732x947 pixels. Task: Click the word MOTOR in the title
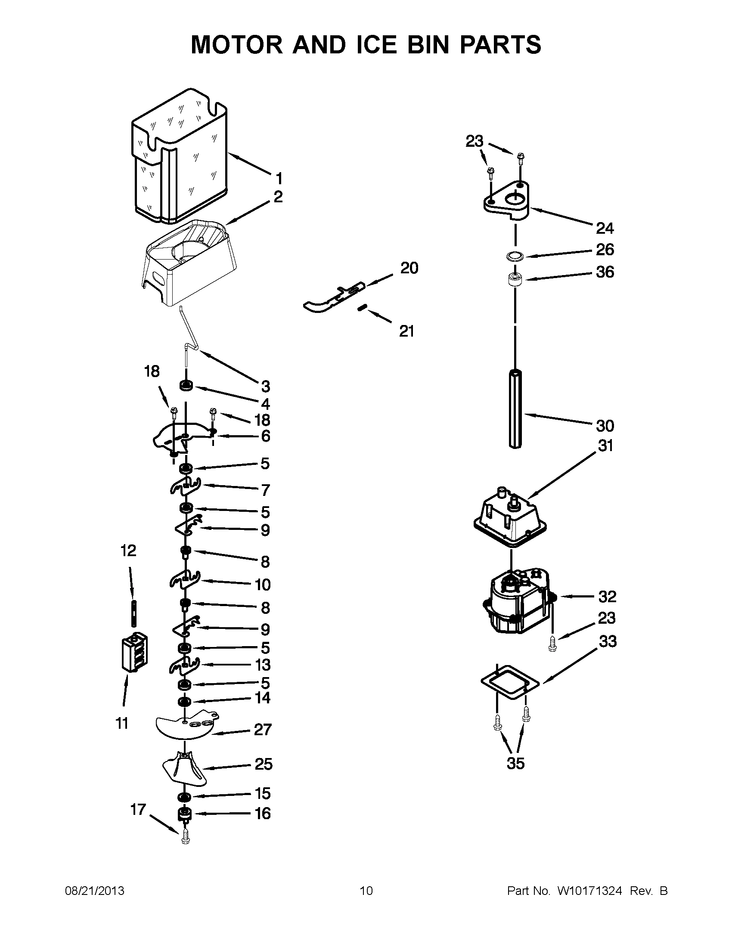236,45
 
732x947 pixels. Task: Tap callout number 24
605,228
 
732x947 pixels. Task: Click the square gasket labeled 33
510,684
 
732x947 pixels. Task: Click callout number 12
128,551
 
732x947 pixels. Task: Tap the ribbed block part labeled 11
134,654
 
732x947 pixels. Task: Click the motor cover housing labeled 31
510,518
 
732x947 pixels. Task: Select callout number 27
263,730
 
